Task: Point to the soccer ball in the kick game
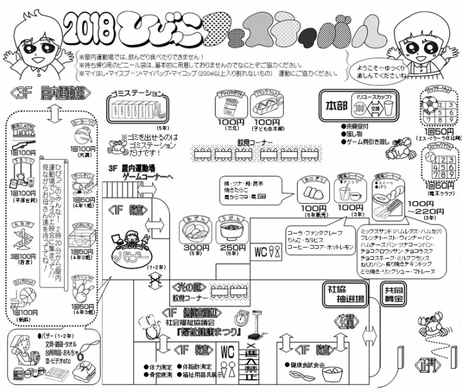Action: (x=428, y=105)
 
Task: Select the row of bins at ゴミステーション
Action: (x=137, y=103)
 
